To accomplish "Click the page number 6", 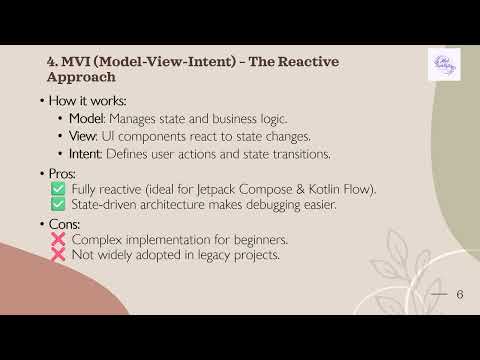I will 459,294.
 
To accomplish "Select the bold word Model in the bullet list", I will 86,118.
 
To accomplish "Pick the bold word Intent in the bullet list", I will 87,154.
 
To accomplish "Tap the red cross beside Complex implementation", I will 58,241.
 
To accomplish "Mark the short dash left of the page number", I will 438,295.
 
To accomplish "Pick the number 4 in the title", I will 51,62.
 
